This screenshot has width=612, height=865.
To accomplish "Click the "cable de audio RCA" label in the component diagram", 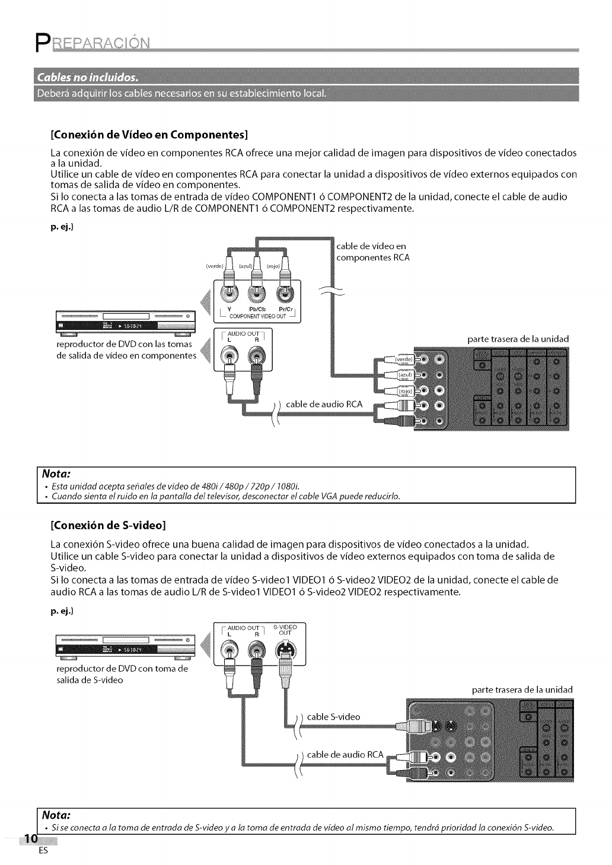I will (324, 404).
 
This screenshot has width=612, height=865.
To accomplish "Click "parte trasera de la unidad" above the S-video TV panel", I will (522, 689).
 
